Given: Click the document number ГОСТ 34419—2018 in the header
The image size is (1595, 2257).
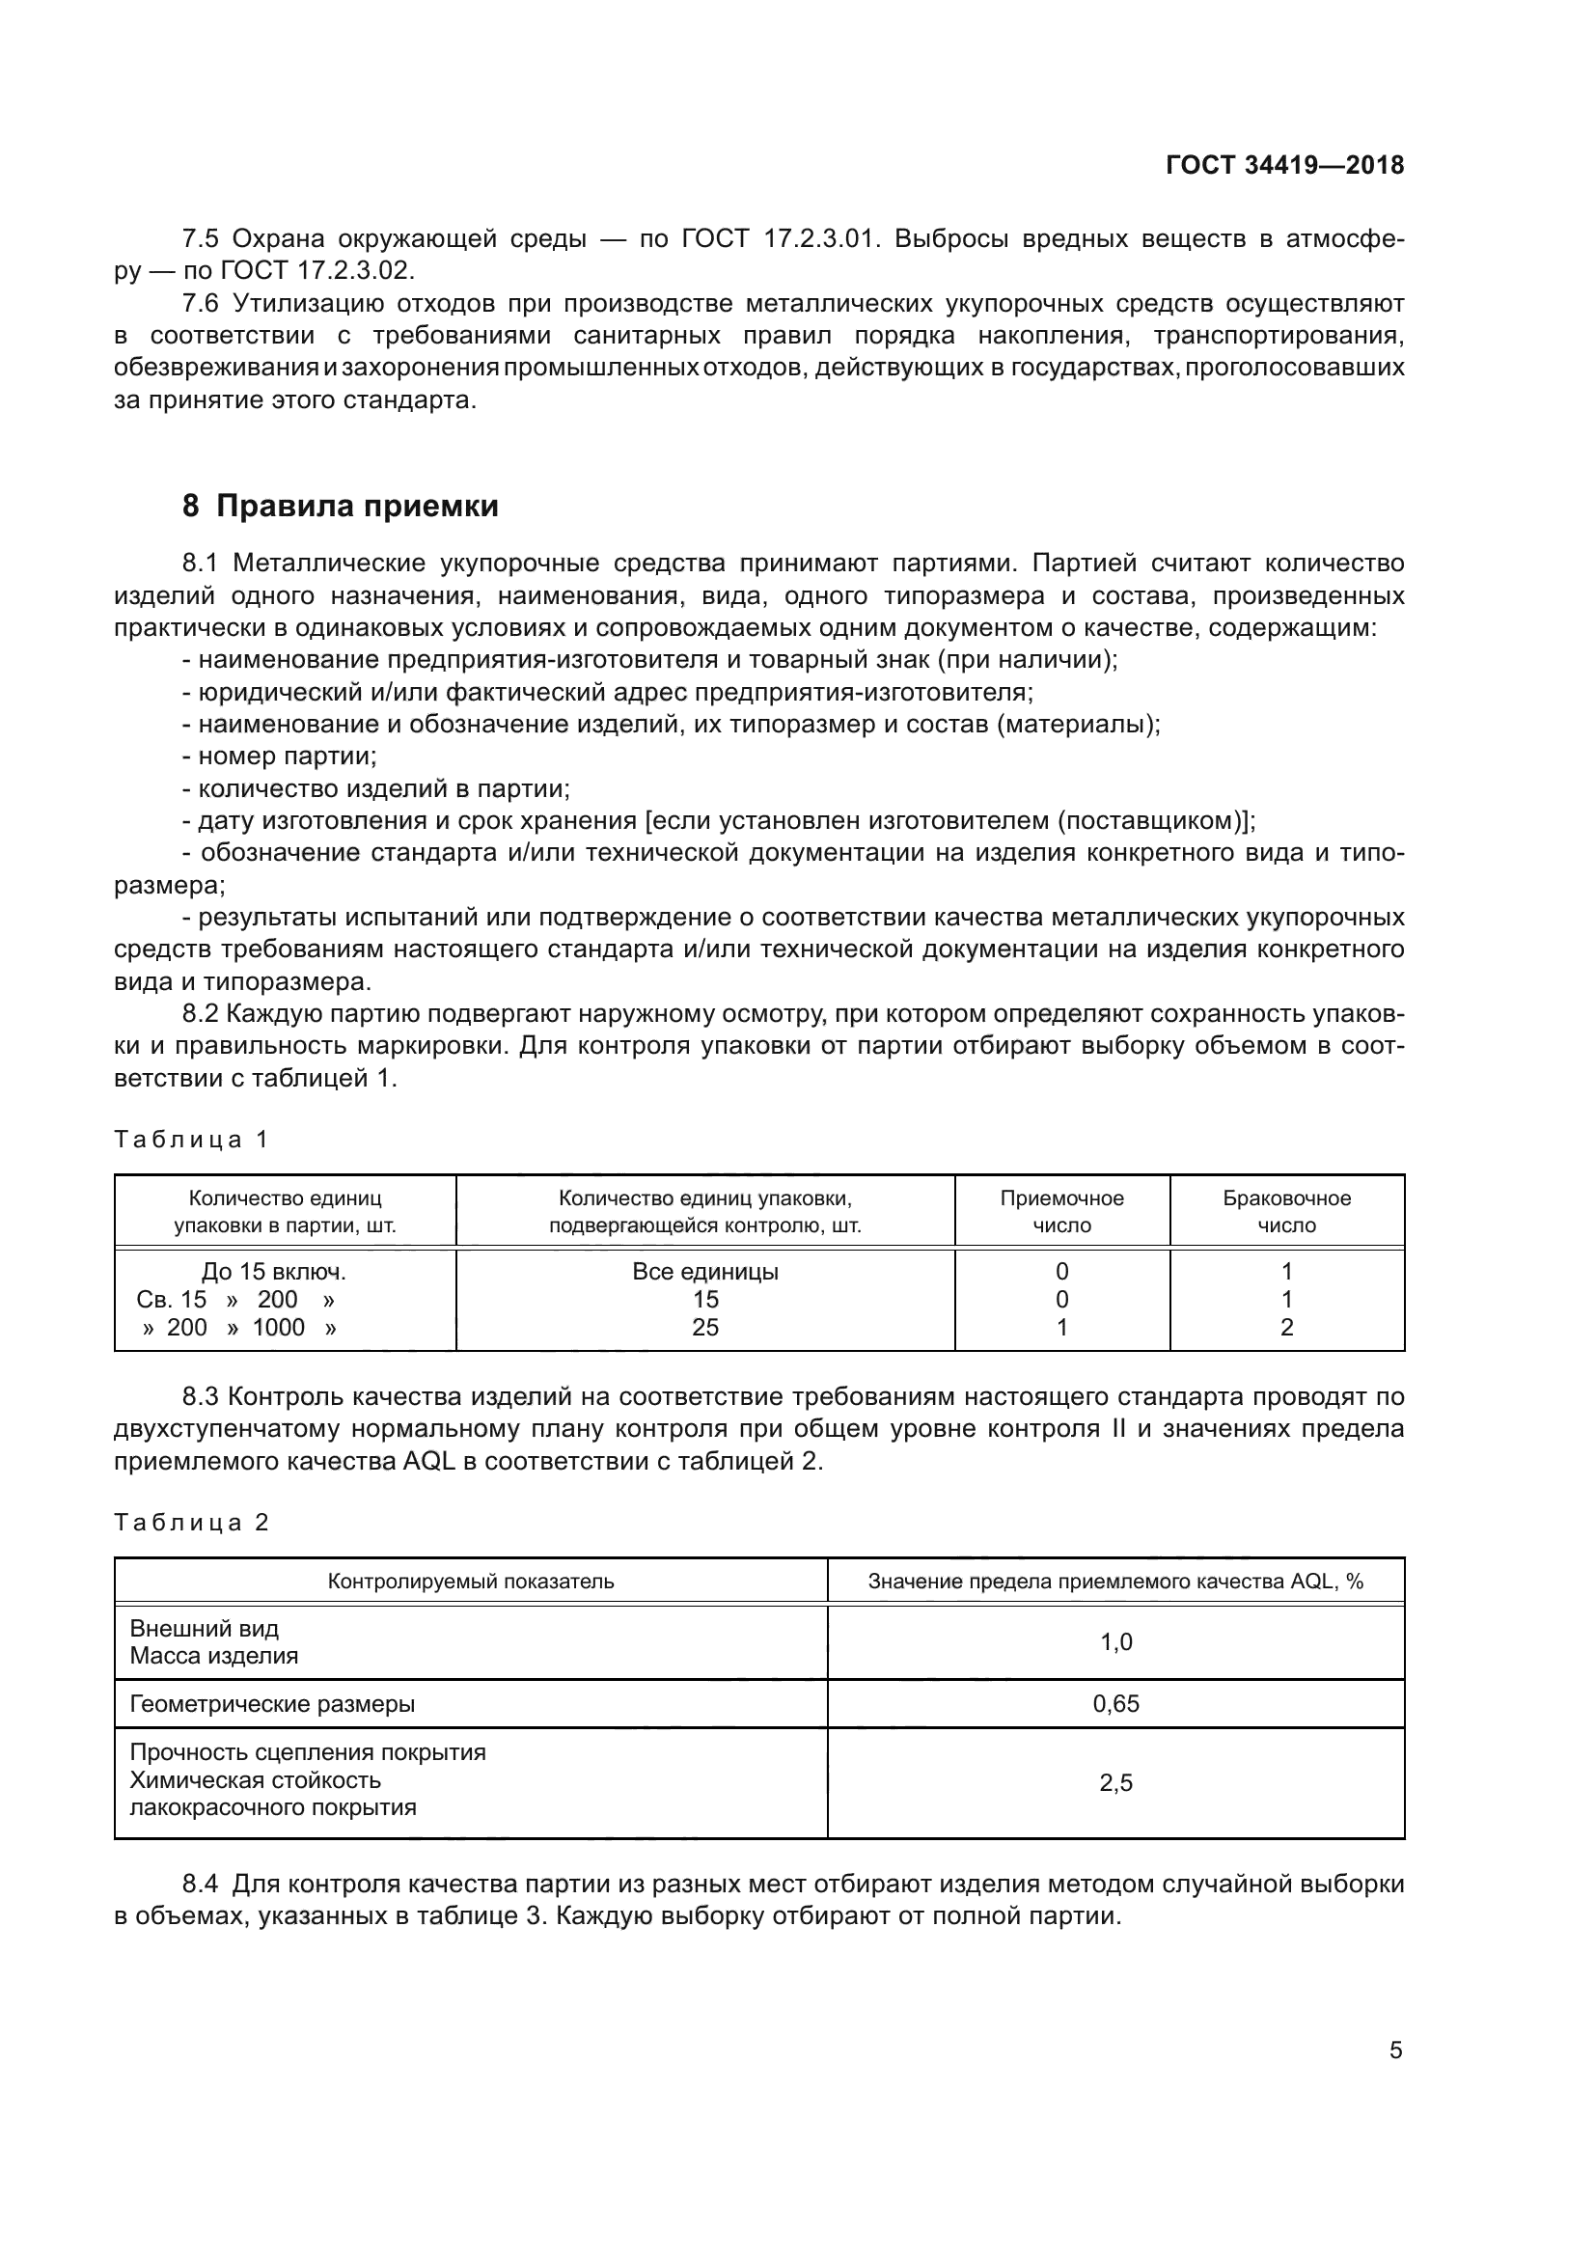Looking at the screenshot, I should [x=1284, y=165].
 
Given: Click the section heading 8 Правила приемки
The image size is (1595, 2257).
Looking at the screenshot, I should [x=340, y=507].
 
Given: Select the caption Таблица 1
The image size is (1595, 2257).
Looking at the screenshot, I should [x=191, y=1140].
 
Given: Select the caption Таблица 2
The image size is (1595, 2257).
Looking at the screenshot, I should [x=191, y=1523].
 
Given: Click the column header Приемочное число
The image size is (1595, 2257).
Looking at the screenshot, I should [x=1061, y=1211].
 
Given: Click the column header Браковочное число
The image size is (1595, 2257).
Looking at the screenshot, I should [x=1286, y=1211].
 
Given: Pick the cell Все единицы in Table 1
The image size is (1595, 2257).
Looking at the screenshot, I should [x=704, y=1271].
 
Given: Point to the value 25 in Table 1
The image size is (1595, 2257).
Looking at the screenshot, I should [x=704, y=1327].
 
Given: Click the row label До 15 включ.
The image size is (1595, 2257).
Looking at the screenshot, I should [x=273, y=1271].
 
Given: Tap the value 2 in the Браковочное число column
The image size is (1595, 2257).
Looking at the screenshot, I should [x=1286, y=1327].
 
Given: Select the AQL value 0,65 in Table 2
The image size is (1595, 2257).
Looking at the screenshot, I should [x=1115, y=1703].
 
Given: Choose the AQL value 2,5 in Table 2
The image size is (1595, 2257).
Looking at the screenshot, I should [x=1115, y=1782].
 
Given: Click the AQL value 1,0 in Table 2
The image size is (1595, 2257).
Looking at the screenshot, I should [x=1115, y=1641].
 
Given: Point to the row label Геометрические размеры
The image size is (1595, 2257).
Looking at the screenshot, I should [x=272, y=1703].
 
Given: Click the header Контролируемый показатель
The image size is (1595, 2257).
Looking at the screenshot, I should [x=471, y=1581].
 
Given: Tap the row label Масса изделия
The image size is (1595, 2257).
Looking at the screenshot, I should [x=214, y=1656].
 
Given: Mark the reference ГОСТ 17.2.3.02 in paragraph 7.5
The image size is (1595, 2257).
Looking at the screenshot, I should [x=316, y=270].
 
